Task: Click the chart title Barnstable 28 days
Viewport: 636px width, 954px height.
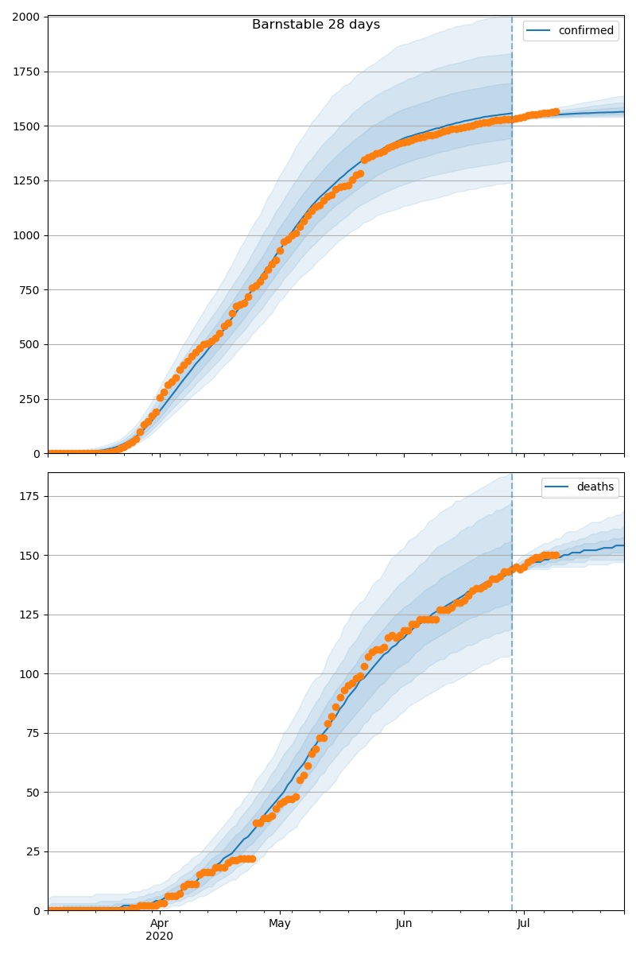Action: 316,25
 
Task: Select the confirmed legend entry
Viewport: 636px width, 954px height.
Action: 585,31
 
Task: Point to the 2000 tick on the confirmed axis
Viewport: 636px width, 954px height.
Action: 28,17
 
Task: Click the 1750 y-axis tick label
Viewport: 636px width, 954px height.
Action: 28,72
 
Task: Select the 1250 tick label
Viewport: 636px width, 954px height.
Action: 28,181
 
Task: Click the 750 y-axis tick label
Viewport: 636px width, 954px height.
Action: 31,290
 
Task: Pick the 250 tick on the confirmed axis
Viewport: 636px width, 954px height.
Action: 31,400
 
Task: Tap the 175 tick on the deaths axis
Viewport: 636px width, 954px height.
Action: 31,496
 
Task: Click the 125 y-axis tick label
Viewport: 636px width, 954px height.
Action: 31,615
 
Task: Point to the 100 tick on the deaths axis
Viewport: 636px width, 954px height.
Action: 31,674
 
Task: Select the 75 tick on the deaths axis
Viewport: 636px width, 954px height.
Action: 34,733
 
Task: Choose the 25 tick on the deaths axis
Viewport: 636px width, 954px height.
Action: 34,851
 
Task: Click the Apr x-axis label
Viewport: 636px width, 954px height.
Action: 160,924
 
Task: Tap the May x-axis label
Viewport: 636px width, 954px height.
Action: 280,924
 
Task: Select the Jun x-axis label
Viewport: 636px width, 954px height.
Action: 404,924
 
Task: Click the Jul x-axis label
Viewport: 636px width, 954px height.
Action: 524,924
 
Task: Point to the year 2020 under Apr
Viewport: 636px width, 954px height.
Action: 160,937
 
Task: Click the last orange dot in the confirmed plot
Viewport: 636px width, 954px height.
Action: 556,112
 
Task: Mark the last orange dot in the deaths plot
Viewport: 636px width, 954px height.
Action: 556,556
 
